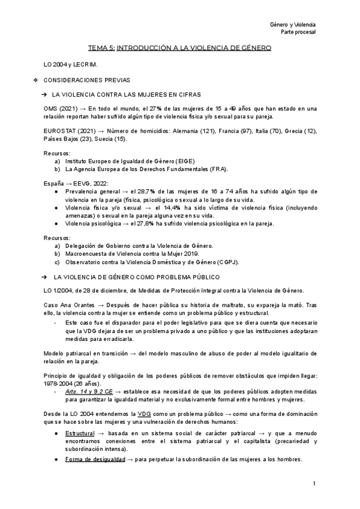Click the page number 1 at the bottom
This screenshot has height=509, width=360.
[x=314, y=484]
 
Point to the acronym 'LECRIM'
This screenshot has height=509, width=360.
[x=86, y=64]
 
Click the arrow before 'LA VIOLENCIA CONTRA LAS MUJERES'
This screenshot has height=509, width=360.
[x=45, y=95]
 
